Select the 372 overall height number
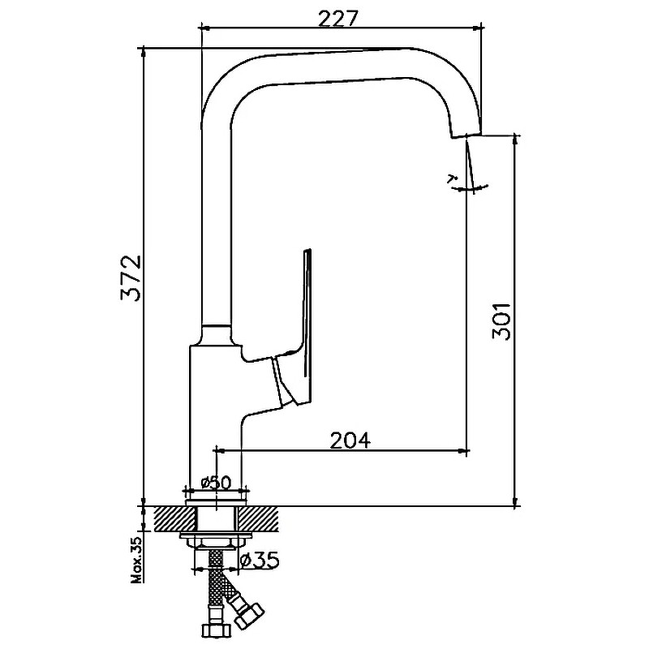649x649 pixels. pyautogui.click(x=131, y=278)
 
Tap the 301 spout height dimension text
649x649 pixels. pyautogui.click(x=501, y=321)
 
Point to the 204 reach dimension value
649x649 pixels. pyautogui.click(x=350, y=440)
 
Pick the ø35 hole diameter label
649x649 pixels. pyautogui.click(x=261, y=559)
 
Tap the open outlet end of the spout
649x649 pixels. pyautogui.click(x=466, y=135)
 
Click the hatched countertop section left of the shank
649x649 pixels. pyautogui.click(x=166, y=516)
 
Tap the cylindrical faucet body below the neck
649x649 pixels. pyautogui.click(x=214, y=406)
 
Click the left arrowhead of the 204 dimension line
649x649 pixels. pyautogui.click(x=217, y=449)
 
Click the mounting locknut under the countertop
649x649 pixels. pyautogui.click(x=216, y=541)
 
